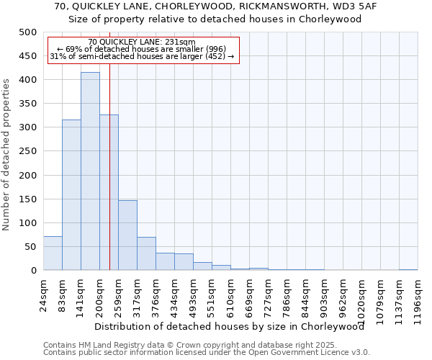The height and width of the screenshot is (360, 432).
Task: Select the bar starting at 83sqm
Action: pos(71,195)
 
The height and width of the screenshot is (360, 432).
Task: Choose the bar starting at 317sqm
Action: pos(146,253)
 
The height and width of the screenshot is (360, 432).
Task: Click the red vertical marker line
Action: pos(109,180)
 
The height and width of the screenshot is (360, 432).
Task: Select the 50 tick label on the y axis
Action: pos(30,247)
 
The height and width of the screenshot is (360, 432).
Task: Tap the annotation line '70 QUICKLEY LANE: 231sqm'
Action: pos(142,42)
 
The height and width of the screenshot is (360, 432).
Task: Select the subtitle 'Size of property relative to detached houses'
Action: pos(216,19)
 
